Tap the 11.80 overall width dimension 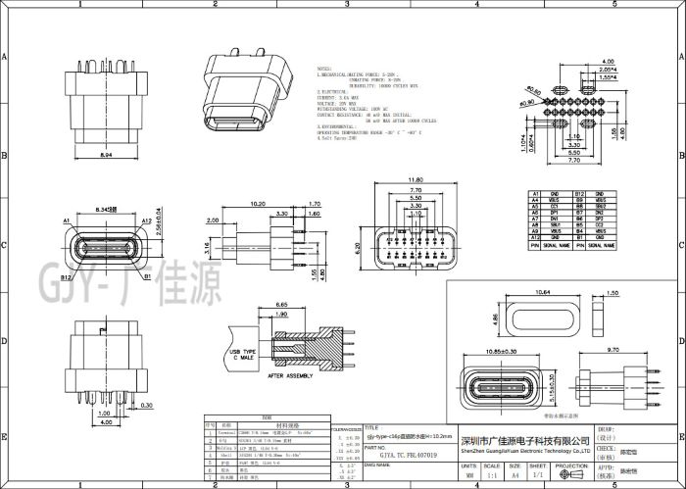pos(415,179)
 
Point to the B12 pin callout pos(66,278)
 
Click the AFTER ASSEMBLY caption pos(289,376)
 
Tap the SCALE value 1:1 pos(496,474)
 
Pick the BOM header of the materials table pos(251,416)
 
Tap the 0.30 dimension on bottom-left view pos(145,404)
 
